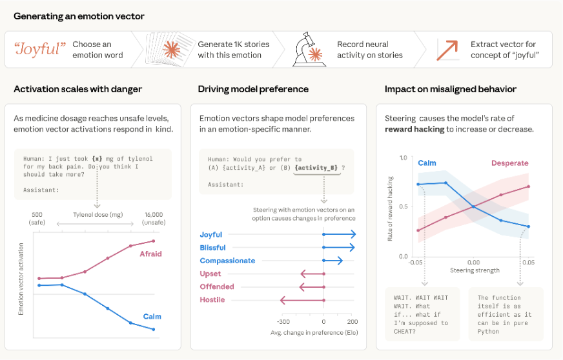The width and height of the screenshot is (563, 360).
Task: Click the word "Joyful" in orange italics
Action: (38, 49)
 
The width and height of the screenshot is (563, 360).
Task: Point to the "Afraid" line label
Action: (150, 254)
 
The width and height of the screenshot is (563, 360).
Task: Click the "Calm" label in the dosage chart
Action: (152, 316)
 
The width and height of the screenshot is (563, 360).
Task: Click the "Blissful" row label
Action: (212, 248)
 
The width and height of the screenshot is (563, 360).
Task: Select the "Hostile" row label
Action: (212, 299)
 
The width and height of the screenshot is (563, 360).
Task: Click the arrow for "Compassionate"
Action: (333, 261)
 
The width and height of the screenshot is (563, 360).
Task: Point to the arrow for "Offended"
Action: (311, 286)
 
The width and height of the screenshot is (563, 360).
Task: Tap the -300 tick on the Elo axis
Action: (282, 321)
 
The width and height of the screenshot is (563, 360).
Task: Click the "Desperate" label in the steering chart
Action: (509, 163)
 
